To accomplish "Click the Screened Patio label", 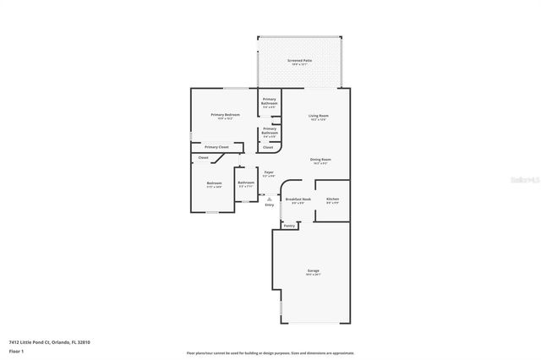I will click(300, 60).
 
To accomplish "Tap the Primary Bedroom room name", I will click(225, 114).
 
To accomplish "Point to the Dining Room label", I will click(320, 159).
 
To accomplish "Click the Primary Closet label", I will click(216, 147).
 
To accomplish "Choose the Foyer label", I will click(268, 172).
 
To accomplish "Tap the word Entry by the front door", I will click(269, 205).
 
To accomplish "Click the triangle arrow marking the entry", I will click(269, 199).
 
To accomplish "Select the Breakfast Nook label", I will click(298, 199).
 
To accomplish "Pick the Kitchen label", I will click(332, 199).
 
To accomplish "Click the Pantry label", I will click(289, 226).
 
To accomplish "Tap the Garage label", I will click(313, 270).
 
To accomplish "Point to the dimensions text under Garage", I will click(313, 275).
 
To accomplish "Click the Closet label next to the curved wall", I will click(268, 147).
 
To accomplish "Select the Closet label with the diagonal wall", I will click(203, 157).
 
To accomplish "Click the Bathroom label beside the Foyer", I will click(246, 183).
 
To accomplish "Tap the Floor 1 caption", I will click(17, 350).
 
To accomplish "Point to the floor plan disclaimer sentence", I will click(270, 352).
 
